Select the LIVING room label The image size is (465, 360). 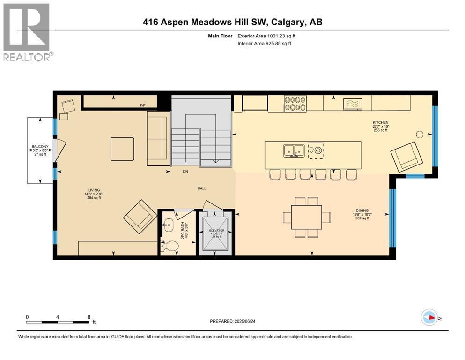click(94, 190)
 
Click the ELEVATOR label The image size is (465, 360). click(216, 231)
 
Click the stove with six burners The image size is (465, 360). click(295, 103)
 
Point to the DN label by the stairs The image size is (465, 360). click(185, 172)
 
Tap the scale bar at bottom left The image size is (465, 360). click(58, 322)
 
